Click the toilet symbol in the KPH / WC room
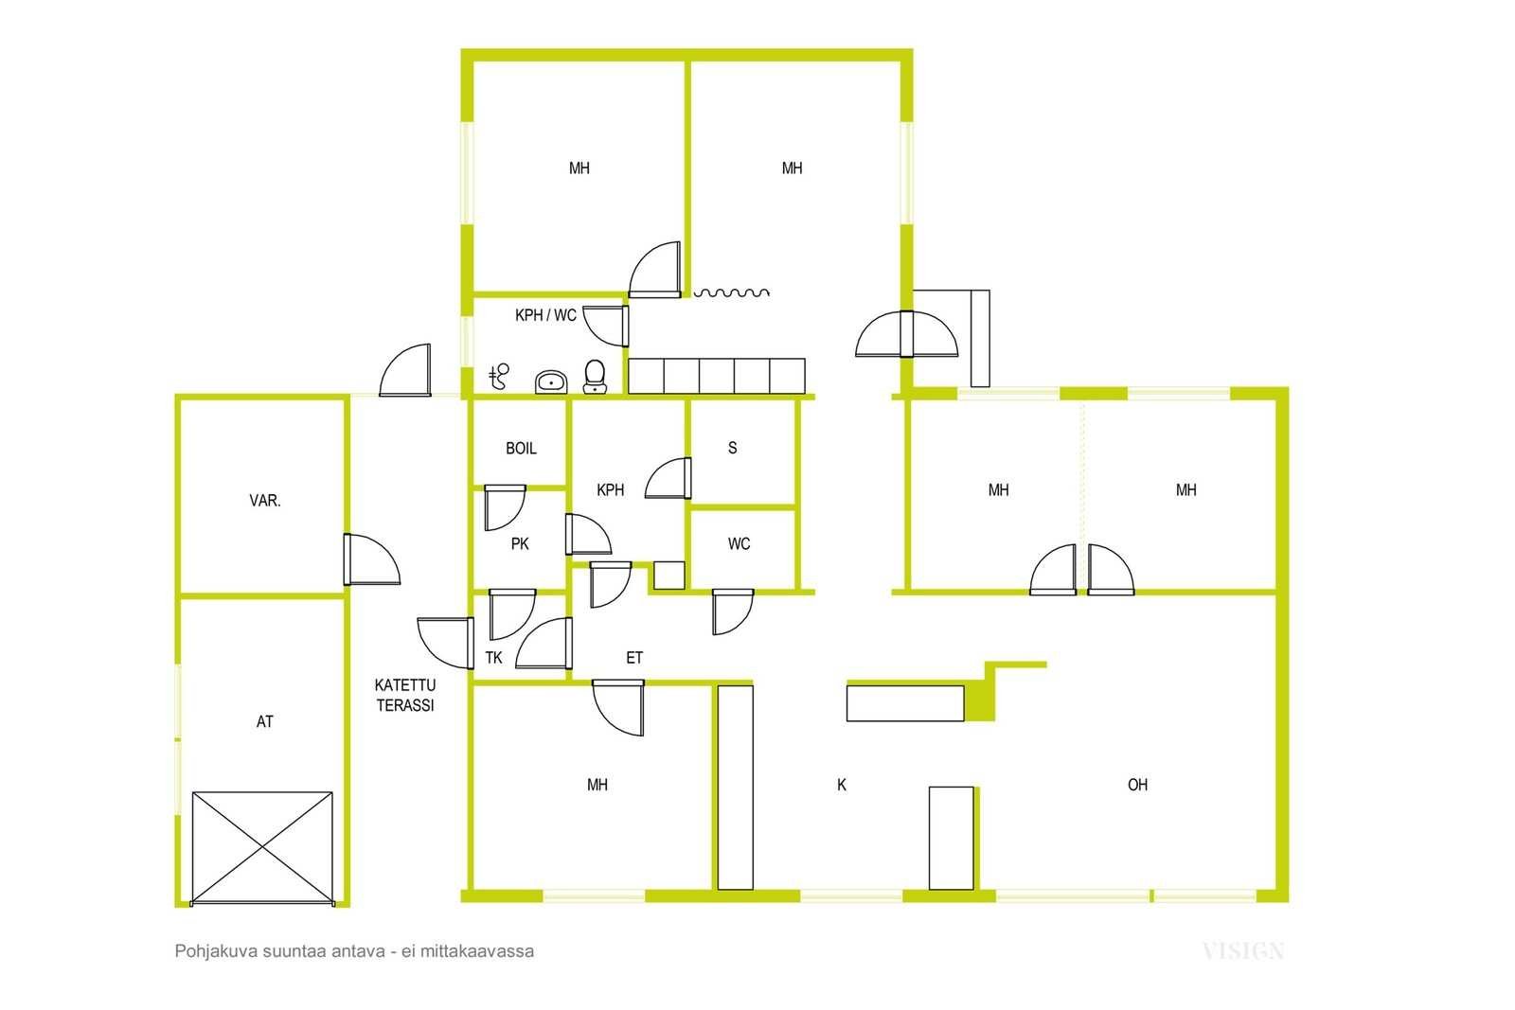(595, 377)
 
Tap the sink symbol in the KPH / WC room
(551, 382)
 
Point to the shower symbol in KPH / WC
(499, 376)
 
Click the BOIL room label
(521, 449)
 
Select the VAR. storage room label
(264, 501)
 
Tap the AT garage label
(264, 721)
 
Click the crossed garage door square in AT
(262, 848)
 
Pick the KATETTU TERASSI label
(405, 695)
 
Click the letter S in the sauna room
(732, 448)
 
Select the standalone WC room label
(739, 543)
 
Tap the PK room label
(520, 543)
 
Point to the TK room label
(493, 657)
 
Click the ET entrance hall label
(633, 657)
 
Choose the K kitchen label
(842, 784)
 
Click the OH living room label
(1137, 784)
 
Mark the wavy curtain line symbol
(732, 292)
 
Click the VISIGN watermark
(1243, 951)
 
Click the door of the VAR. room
(372, 559)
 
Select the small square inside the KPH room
(668, 576)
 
